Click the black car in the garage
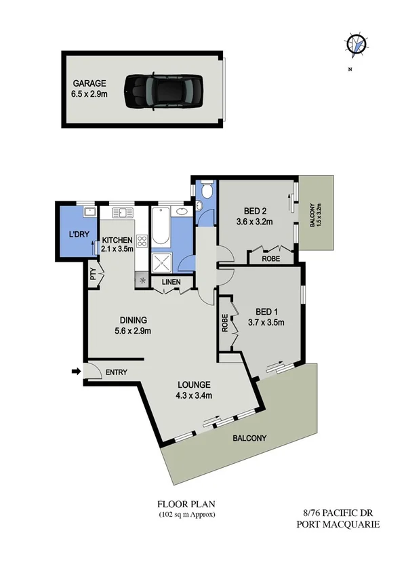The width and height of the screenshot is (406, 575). (x=162, y=90)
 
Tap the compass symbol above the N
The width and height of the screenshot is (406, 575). (x=357, y=44)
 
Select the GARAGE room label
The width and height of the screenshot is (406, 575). (x=90, y=83)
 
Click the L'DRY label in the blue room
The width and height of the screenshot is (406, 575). (x=77, y=234)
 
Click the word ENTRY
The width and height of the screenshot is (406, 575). (x=116, y=372)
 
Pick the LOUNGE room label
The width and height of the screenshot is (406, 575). (x=195, y=384)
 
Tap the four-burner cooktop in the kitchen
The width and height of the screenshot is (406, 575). (x=142, y=243)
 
